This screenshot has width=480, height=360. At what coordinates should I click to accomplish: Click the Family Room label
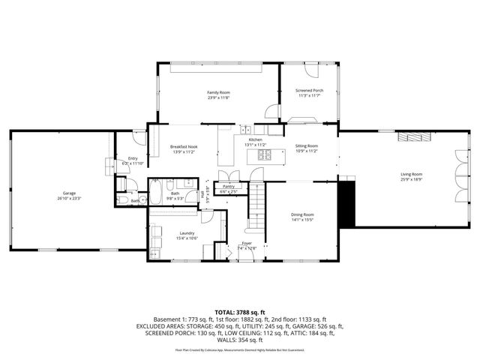coord(218,92)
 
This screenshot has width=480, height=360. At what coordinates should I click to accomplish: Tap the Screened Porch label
coord(309,91)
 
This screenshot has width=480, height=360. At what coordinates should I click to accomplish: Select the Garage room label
coord(69,193)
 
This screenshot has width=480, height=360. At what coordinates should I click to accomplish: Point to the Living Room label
coord(412,174)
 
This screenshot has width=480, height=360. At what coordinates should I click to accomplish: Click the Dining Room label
coord(302,214)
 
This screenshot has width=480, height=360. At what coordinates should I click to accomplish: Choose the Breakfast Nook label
coord(183,146)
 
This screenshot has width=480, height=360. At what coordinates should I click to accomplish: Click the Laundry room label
coord(187,232)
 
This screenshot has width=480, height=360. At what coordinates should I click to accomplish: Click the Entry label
coord(133,158)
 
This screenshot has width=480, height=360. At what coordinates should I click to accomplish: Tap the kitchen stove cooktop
coord(264,155)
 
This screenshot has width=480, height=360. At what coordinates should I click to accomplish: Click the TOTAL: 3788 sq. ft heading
coord(239,311)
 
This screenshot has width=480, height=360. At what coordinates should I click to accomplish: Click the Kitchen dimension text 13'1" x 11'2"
coord(256,145)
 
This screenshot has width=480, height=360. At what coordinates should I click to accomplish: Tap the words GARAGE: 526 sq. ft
coord(318,326)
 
